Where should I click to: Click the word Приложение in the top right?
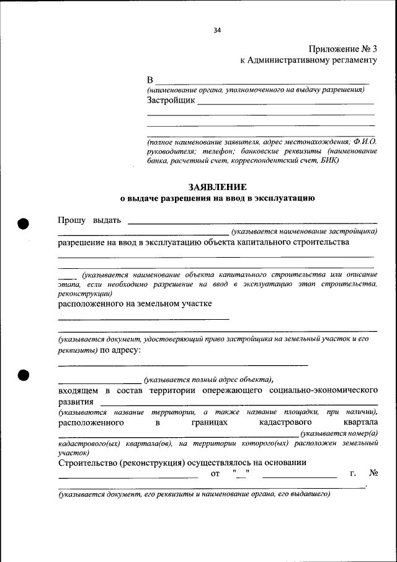pyautogui.click(x=332, y=48)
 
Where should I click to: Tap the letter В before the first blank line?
pyautogui.click(x=149, y=81)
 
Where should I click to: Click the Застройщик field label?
pyautogui.click(x=171, y=99)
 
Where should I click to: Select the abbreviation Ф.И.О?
pyautogui.click(x=365, y=141)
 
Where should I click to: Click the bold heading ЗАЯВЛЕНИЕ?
pyautogui.click(x=217, y=187)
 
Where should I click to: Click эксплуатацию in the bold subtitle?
pyautogui.click(x=285, y=199)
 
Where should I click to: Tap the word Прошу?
pyautogui.click(x=72, y=220)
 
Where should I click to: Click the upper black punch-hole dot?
pyautogui.click(x=24, y=224)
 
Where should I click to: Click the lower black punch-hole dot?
pyautogui.click(x=24, y=374)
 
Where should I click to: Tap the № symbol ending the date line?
pyautogui.click(x=373, y=474)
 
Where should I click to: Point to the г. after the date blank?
pyautogui.click(x=352, y=474)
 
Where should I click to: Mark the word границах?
pyautogui.click(x=210, y=422)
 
